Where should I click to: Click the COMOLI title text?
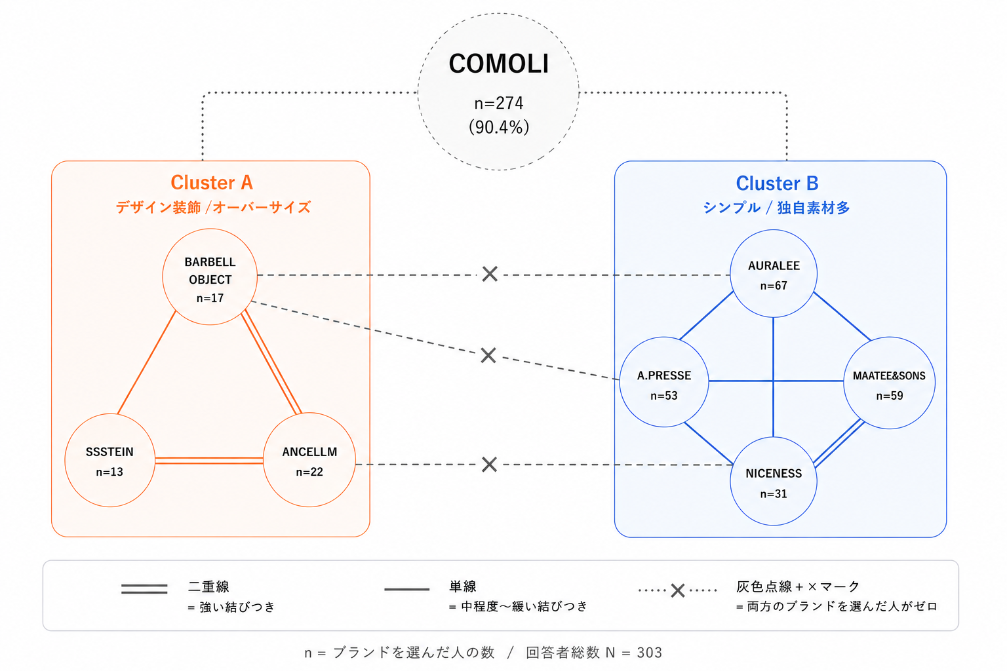coord(498,64)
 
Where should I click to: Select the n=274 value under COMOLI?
coord(498,104)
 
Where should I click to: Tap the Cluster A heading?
coord(212,182)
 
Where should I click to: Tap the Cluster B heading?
coord(777,183)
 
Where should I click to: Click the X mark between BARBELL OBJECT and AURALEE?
coord(490,274)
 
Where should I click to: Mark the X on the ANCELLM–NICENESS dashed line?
coord(489,465)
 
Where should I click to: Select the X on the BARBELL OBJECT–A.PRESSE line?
coord(488,355)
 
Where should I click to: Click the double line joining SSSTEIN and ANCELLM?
coord(209,461)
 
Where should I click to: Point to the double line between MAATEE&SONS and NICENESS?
coord(839,444)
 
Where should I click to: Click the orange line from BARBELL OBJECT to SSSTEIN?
coord(147,362)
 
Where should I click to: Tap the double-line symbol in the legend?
coord(144,588)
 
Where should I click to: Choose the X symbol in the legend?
coord(677,590)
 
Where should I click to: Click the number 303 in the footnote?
coord(649,652)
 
